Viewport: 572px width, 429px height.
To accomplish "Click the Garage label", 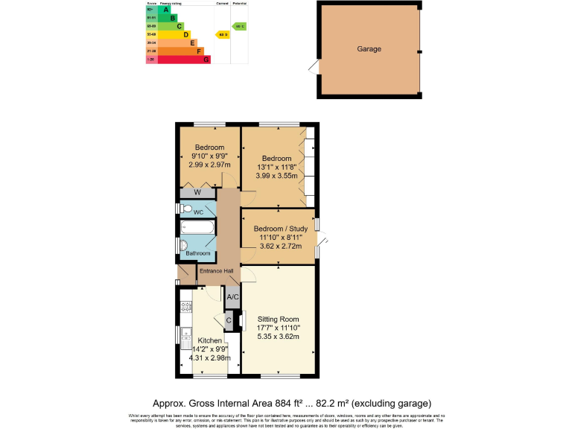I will (x=369, y=49).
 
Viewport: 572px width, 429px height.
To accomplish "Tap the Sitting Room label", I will (x=279, y=319).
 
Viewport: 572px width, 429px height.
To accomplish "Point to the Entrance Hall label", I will (x=216, y=270).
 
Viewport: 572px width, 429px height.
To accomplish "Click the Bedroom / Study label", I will (x=279, y=229).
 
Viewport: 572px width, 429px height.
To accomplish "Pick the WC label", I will (x=198, y=212).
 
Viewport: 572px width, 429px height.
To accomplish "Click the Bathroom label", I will (x=197, y=253).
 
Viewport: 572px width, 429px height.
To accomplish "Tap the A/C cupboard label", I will (x=232, y=297).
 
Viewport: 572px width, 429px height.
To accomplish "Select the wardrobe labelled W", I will (x=197, y=193).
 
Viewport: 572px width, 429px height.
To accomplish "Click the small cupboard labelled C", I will (x=229, y=321).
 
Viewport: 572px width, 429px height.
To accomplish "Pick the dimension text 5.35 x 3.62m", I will (x=279, y=337).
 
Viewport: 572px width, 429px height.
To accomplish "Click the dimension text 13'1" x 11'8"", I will (x=276, y=167).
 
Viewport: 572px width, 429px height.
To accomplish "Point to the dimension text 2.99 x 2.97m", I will (x=209, y=164).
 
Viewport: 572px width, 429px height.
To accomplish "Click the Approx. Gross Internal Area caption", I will (x=292, y=403).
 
